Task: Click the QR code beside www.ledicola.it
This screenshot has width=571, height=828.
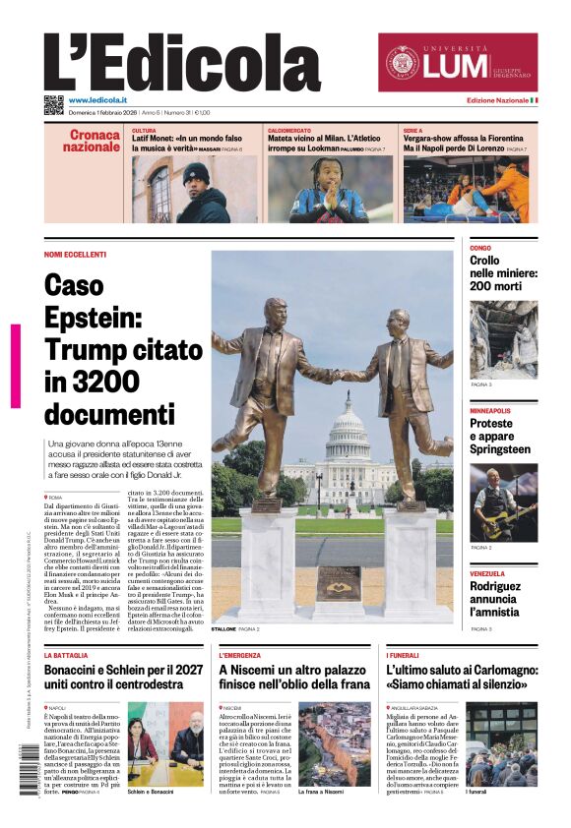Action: click(x=53, y=104)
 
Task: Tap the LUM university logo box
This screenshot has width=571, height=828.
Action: click(x=458, y=63)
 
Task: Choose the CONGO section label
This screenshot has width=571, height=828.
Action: click(x=480, y=248)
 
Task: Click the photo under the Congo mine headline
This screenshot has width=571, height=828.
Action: click(x=503, y=339)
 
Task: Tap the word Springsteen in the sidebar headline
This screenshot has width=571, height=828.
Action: click(x=501, y=449)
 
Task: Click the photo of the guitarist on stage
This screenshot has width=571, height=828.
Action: click(x=503, y=501)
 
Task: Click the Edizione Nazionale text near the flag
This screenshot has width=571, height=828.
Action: click(x=496, y=100)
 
